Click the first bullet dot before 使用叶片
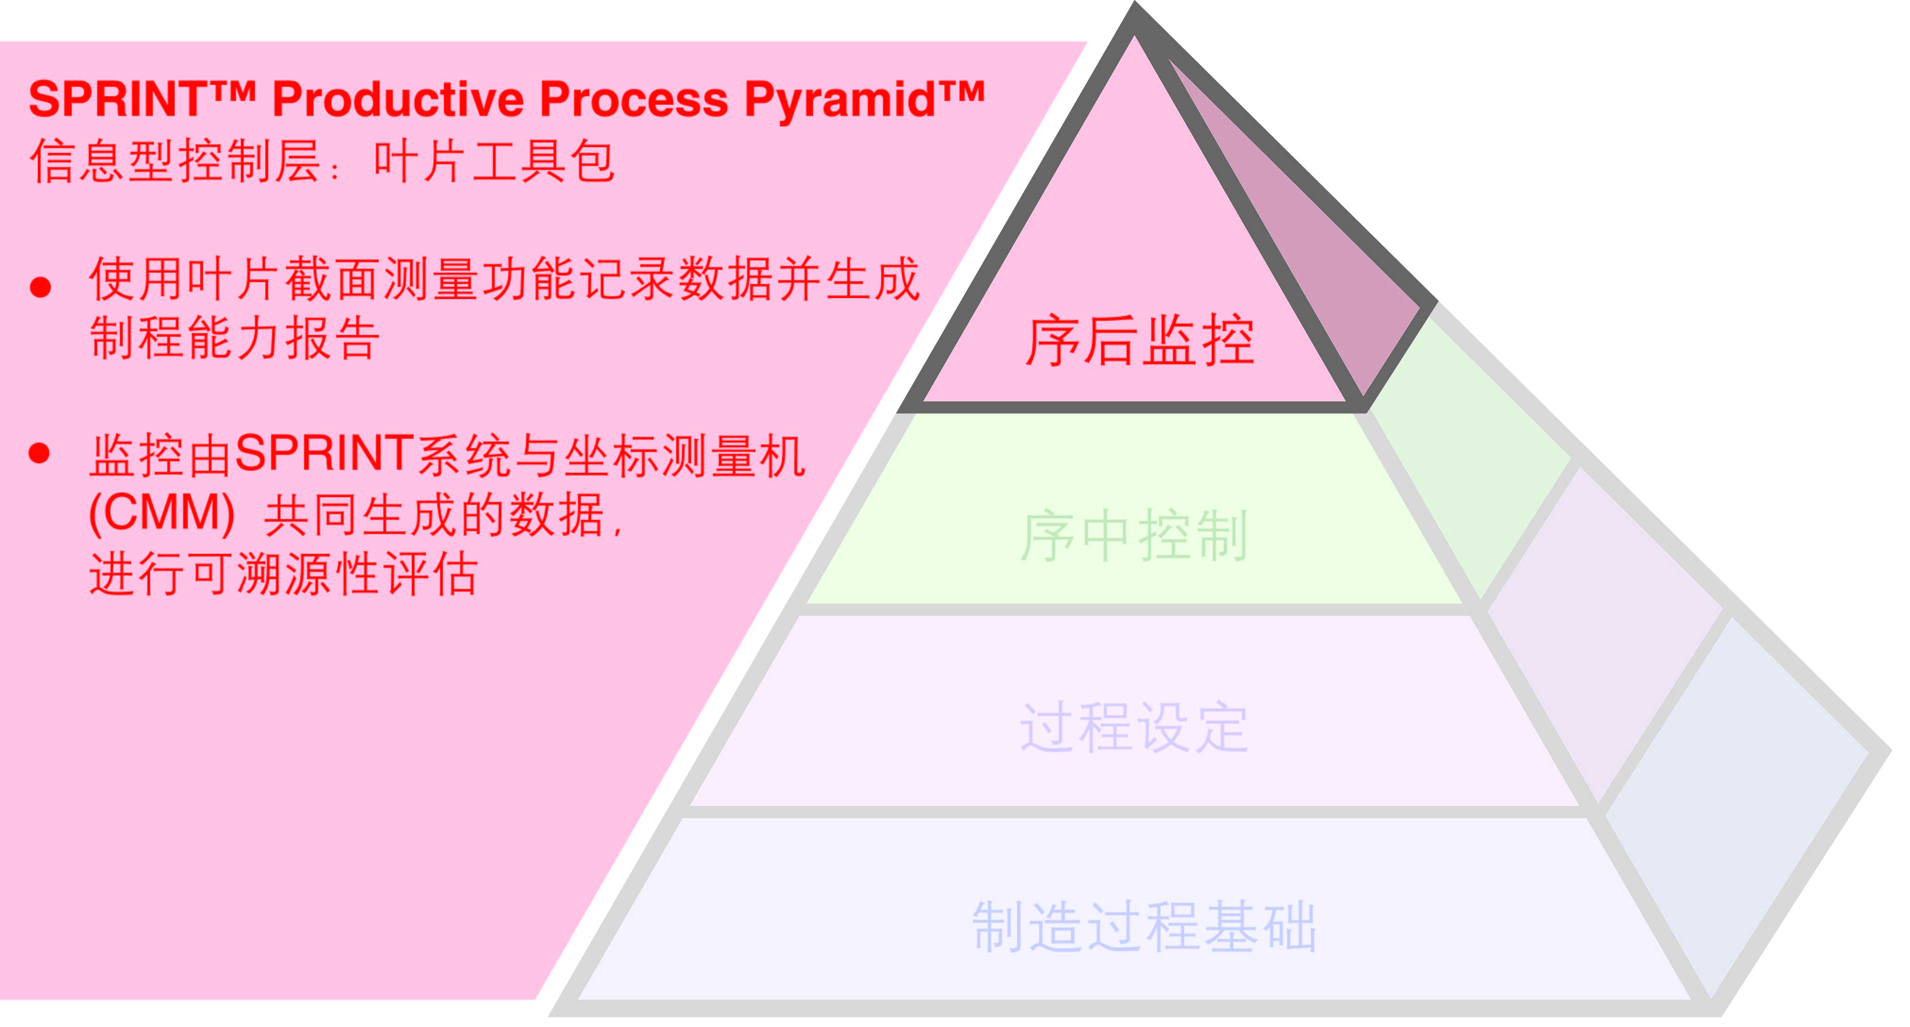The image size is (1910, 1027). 41,287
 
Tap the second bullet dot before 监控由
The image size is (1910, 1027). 39,453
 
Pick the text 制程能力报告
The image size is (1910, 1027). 234,339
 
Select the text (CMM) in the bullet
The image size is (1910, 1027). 161,513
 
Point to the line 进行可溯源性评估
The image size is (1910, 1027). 283,574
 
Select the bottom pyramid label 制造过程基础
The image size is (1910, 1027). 1144,926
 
